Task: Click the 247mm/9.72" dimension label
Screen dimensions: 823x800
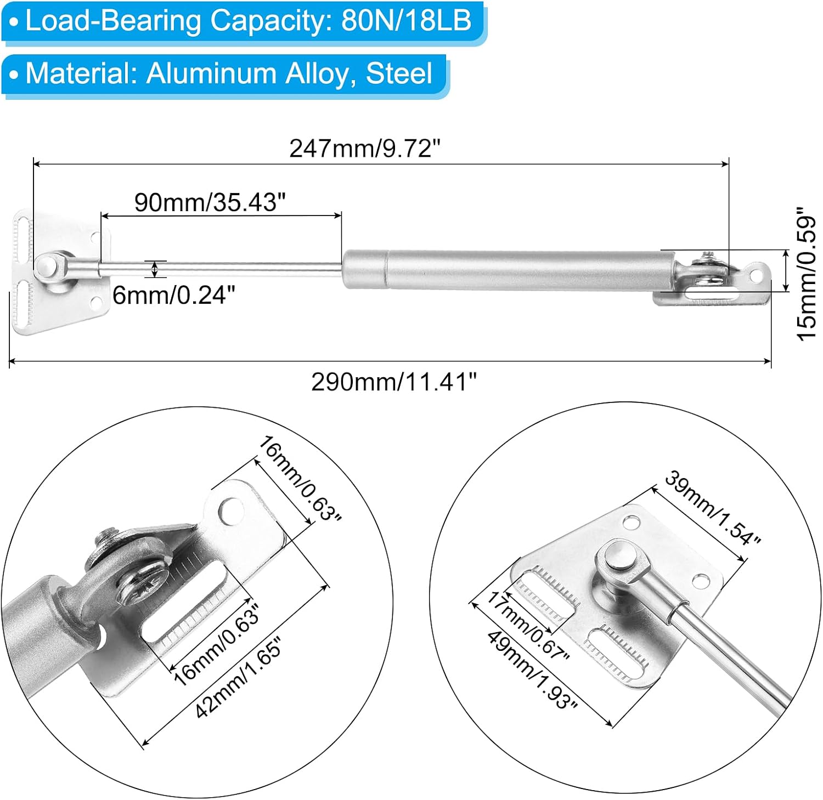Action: (x=365, y=148)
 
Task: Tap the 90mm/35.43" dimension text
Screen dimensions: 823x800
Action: (x=210, y=202)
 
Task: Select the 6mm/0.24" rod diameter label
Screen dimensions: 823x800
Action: (x=174, y=295)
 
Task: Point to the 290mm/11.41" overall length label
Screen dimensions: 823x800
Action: (x=394, y=382)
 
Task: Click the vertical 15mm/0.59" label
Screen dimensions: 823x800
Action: (x=807, y=274)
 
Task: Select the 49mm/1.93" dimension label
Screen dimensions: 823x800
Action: (x=532, y=670)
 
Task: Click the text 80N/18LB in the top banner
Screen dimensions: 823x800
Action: (x=406, y=21)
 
